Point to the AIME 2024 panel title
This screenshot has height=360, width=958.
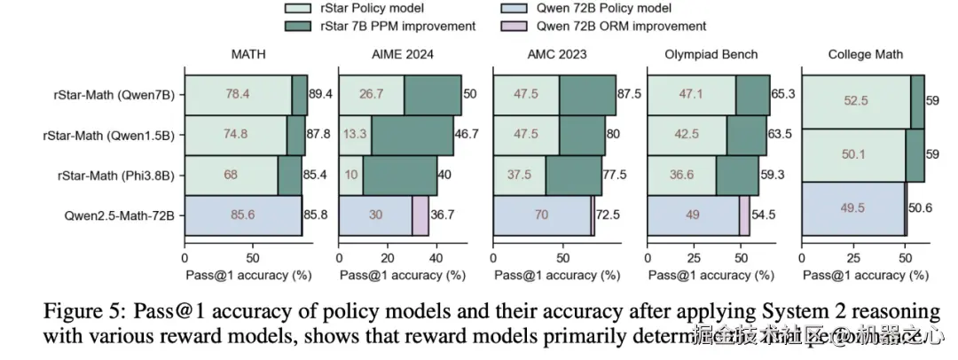pos(401,55)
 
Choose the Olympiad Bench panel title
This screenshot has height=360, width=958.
pos(711,55)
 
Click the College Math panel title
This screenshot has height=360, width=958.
pos(865,55)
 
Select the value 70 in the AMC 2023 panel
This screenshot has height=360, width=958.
pos(542,215)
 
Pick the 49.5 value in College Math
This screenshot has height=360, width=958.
pos(852,207)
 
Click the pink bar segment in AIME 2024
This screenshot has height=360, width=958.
pos(420,215)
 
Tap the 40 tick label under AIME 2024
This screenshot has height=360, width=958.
pos(436,258)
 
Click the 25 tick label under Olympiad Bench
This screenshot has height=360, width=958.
pos(688,258)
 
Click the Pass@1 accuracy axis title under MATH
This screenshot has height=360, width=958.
pos(249,276)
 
